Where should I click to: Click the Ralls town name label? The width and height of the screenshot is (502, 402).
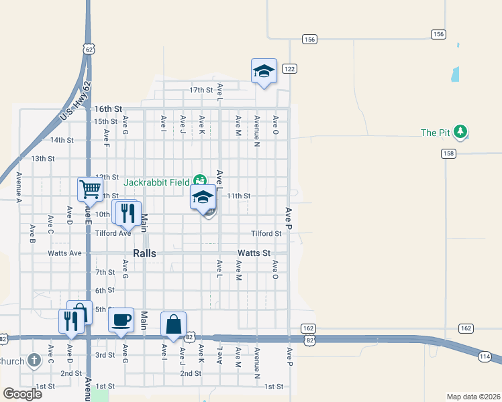coord(144,253)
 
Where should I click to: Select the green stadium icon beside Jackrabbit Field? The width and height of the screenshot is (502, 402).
coord(199,180)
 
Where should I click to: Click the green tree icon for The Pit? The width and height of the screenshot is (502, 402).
coord(460,132)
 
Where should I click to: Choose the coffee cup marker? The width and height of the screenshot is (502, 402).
coord(121,320)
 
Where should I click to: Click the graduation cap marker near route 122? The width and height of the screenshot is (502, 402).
coord(264,71)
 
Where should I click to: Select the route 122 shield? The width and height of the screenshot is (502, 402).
coord(289,69)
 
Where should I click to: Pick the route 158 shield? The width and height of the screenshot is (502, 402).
coord(449,153)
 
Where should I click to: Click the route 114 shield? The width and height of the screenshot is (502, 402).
coord(485,355)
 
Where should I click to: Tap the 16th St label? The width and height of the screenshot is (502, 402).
coord(108,109)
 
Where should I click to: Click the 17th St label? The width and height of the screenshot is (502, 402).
coord(201,90)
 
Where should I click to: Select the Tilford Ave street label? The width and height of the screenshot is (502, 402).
coord(113,233)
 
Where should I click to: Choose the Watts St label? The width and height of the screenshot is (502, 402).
coord(254,253)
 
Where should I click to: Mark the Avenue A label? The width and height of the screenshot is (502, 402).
coord(19,188)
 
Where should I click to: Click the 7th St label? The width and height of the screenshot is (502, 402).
coord(105,272)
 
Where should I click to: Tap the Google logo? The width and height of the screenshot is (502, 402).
coord(22,393)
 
